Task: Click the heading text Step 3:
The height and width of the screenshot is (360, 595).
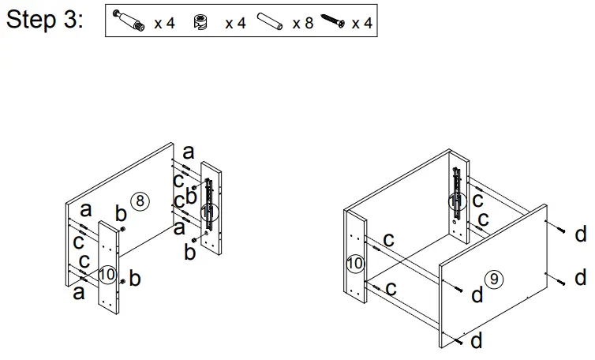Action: (x=43, y=21)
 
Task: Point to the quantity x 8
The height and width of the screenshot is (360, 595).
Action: (x=302, y=23)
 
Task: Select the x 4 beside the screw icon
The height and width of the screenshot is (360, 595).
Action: (x=361, y=23)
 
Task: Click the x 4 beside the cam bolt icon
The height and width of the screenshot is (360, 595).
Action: (x=164, y=23)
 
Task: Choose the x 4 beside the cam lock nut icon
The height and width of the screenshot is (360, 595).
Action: (x=235, y=23)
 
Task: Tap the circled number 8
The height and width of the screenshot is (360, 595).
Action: (x=140, y=201)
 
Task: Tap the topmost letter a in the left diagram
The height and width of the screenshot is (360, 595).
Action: (x=188, y=152)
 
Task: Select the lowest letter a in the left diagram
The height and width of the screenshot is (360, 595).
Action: (x=78, y=293)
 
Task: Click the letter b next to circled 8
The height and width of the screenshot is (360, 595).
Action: (x=120, y=213)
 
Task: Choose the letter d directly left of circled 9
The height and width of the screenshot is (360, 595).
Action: (x=477, y=294)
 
